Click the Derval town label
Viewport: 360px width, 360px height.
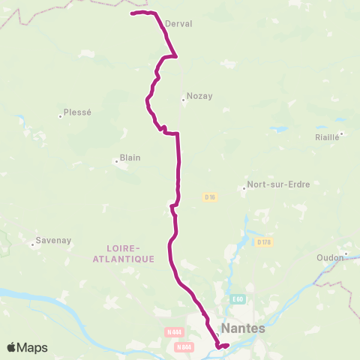178,24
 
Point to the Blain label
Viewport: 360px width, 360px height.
130,158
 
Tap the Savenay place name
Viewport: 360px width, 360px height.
52,241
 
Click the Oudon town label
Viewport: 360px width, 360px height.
330,257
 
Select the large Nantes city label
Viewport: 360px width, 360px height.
244,328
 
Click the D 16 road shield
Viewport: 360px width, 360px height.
210,196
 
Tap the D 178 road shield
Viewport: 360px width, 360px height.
263,241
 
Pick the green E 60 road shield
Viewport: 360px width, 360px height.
238,299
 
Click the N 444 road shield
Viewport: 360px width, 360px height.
173,331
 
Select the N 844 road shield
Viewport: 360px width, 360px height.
184,346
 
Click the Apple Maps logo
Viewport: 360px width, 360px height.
27,347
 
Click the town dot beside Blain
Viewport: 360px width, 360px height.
116,159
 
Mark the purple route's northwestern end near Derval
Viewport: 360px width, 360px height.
132,13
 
